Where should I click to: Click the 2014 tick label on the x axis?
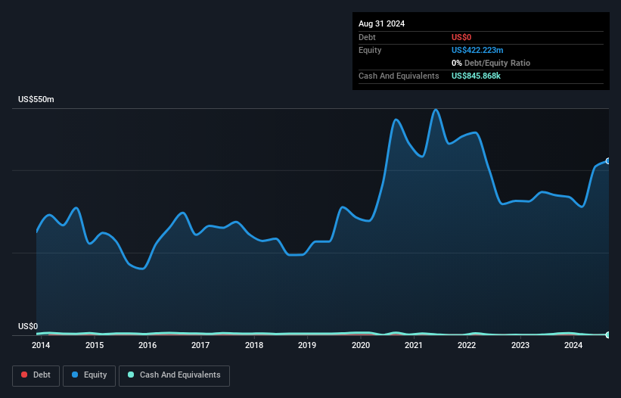point(41,346)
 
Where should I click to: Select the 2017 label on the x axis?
point(200,346)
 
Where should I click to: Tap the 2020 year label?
point(361,346)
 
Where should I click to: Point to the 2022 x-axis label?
point(467,346)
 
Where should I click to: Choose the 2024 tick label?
point(573,346)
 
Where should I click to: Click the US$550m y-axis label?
point(36,100)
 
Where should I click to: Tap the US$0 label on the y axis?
point(28,327)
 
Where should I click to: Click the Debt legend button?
point(35,375)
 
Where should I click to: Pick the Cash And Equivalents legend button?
point(174,375)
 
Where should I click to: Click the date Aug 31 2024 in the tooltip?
point(381,23)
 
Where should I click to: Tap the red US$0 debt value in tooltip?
point(462,37)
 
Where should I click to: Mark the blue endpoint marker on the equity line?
point(608,161)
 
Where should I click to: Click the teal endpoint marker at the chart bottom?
point(608,334)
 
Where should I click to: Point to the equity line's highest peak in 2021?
point(435,110)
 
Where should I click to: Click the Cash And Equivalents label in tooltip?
point(399,76)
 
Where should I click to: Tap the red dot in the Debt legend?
point(24,375)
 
